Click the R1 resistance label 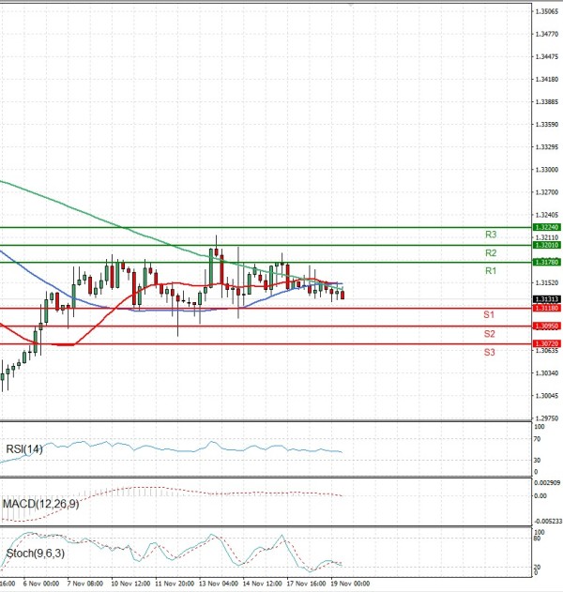491,271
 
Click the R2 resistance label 491,253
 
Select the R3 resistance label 491,235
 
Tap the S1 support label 490,314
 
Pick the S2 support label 490,334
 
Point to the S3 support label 490,352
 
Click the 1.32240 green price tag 546,227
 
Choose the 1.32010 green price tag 546,245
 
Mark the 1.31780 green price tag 546,263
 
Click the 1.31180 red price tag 546,308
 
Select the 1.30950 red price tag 546,326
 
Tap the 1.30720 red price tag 546,344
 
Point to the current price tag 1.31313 546,299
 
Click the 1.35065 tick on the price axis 546,11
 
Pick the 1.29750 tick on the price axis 546,418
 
